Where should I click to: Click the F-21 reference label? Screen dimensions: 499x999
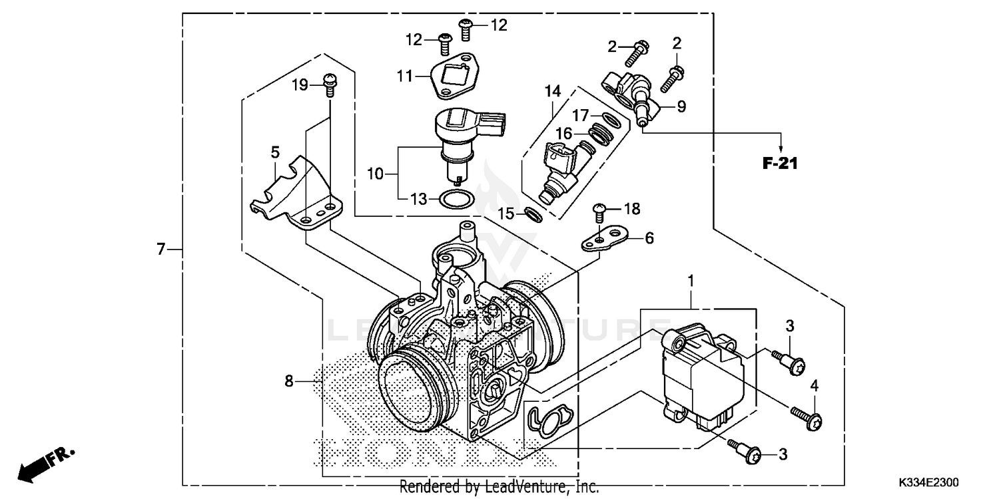point(780,163)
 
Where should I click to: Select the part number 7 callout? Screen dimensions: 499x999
point(160,249)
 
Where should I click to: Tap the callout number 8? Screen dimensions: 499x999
point(288,381)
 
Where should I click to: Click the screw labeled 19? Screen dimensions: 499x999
point(329,82)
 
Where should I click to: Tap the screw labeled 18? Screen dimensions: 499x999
point(599,211)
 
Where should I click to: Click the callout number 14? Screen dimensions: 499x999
point(552,90)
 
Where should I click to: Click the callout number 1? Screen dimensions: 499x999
point(691,281)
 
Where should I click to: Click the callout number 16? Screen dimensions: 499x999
point(564,134)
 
